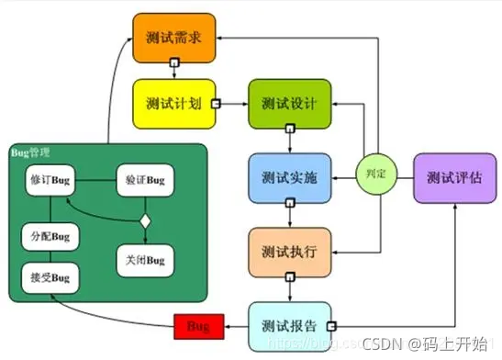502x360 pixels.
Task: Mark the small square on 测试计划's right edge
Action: (x=217, y=104)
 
